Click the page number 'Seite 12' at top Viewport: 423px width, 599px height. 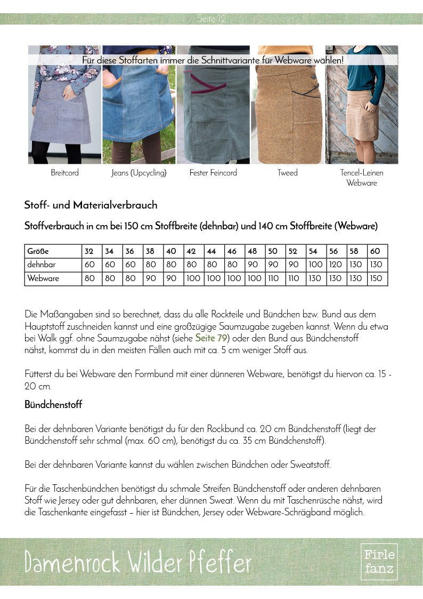(x=211, y=19)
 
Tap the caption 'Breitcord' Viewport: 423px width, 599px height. (x=64, y=173)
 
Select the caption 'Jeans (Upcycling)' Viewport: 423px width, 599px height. (x=139, y=173)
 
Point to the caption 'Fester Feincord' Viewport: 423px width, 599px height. (x=213, y=173)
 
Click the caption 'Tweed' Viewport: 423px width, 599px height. (x=288, y=173)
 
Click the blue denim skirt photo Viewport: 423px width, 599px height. (x=139, y=107)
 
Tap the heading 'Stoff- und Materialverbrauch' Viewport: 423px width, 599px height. (x=91, y=205)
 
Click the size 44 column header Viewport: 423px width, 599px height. (x=211, y=251)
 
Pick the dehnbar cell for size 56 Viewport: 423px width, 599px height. (x=335, y=265)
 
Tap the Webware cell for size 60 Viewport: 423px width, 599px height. (x=376, y=278)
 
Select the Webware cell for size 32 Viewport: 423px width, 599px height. (x=89, y=278)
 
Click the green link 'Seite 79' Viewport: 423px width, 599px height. (x=212, y=338)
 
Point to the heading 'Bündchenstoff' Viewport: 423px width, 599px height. (x=53, y=405)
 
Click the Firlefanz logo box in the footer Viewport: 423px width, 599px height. (x=379, y=562)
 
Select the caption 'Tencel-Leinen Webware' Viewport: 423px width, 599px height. (x=362, y=178)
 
